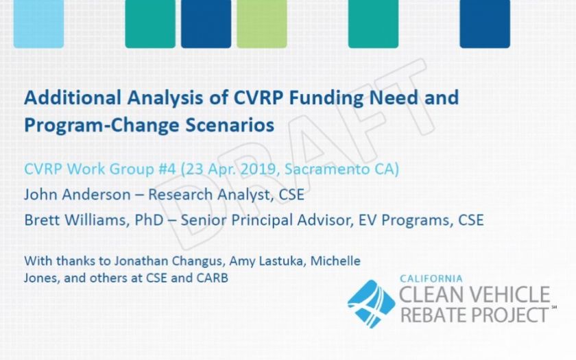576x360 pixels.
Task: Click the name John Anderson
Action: [77, 194]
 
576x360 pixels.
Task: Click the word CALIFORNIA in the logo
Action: [431, 279]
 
